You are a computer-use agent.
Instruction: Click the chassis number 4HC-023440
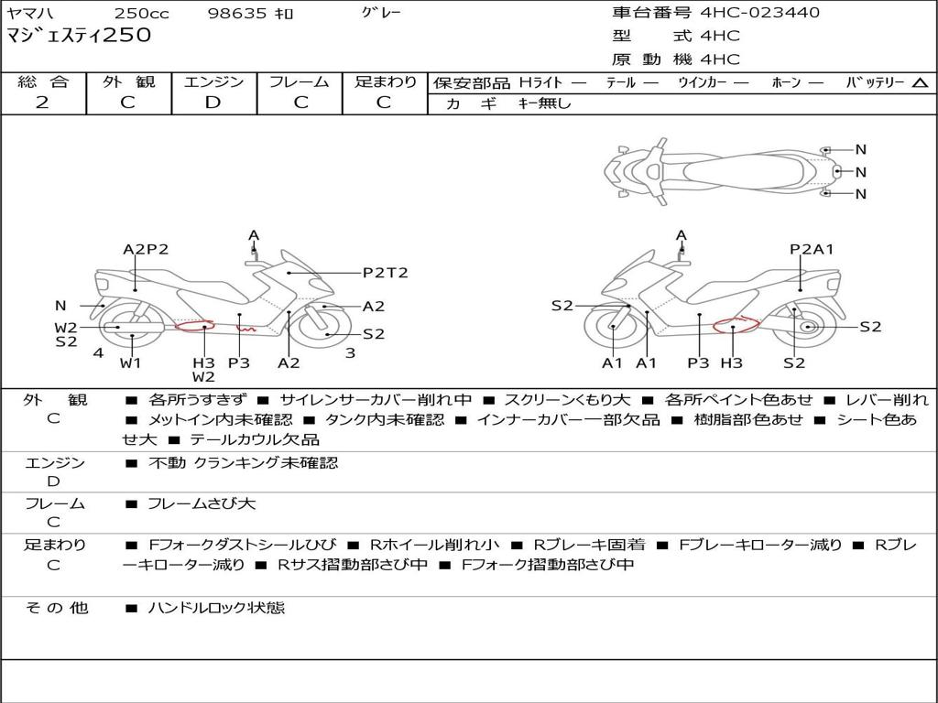pyautogui.click(x=759, y=13)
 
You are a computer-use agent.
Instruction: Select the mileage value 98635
pyautogui.click(x=236, y=13)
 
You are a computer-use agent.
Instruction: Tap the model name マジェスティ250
pyautogui.click(x=79, y=35)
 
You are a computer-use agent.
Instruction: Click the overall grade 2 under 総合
pyautogui.click(x=42, y=103)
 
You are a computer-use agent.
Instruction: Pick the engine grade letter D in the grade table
pyautogui.click(x=213, y=103)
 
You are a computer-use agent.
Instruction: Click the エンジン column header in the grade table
pyautogui.click(x=213, y=81)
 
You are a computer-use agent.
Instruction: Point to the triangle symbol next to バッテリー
pyautogui.click(x=920, y=83)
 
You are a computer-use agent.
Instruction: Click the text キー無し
pyautogui.click(x=544, y=103)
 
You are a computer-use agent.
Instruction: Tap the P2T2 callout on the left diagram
pyautogui.click(x=386, y=273)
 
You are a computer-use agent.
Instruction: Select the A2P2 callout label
pyautogui.click(x=146, y=249)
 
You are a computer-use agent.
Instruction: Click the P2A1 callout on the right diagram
pyautogui.click(x=812, y=249)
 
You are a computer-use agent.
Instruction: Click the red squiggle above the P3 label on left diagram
pyautogui.click(x=245, y=329)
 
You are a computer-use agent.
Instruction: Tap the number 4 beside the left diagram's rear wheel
pyautogui.click(x=98, y=352)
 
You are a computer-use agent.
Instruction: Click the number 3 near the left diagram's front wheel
pyautogui.click(x=351, y=352)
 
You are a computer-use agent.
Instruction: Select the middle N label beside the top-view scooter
pyautogui.click(x=861, y=172)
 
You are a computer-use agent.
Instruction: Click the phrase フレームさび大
pyautogui.click(x=202, y=503)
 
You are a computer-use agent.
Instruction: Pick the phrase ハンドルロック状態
pyautogui.click(x=216, y=608)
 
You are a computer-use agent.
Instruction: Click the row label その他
pyautogui.click(x=56, y=608)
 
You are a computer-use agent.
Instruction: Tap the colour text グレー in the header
pyautogui.click(x=381, y=13)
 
